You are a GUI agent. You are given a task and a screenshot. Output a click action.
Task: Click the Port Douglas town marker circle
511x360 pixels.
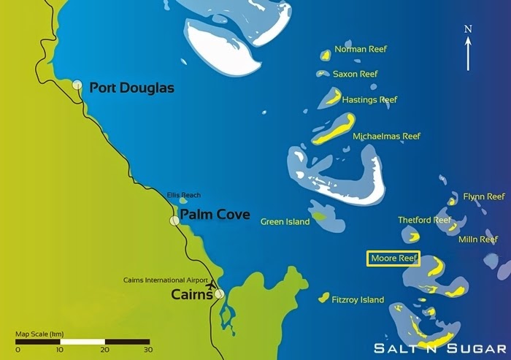pos(77,85)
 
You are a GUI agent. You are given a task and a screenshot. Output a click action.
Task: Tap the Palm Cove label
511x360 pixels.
pos(215,215)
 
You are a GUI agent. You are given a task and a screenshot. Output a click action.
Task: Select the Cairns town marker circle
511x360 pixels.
pos(219,294)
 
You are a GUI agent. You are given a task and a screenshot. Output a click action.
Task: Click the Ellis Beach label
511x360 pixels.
pos(183,195)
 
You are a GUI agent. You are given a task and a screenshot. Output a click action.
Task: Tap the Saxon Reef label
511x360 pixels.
pos(355,74)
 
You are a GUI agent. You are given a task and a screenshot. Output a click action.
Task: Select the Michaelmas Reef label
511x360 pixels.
pos(386,136)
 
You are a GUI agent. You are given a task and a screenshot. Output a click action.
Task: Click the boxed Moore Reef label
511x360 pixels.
pos(393,258)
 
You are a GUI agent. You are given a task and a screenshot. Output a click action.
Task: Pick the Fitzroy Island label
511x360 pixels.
pos(357,299)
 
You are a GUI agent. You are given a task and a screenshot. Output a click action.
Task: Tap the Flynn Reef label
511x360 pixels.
pos(483,196)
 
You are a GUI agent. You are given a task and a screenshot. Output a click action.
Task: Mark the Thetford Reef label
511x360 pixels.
pos(424,220)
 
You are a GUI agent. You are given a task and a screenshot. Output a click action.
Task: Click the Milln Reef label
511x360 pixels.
pos(477,239)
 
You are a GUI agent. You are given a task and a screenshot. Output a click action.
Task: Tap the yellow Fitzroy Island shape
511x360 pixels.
pos(323,296)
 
